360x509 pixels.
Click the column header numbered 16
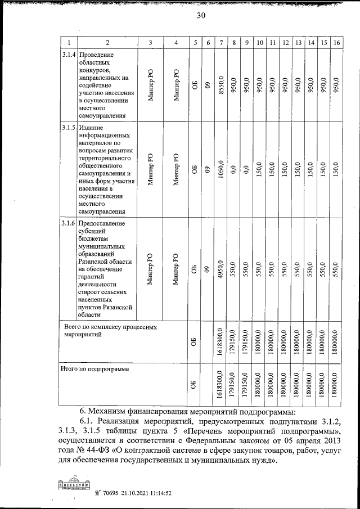(336, 43)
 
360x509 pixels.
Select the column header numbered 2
(107, 43)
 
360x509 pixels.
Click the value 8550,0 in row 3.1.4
(221, 85)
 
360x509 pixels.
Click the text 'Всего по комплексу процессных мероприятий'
(110, 330)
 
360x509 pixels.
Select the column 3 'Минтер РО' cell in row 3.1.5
(150, 169)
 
